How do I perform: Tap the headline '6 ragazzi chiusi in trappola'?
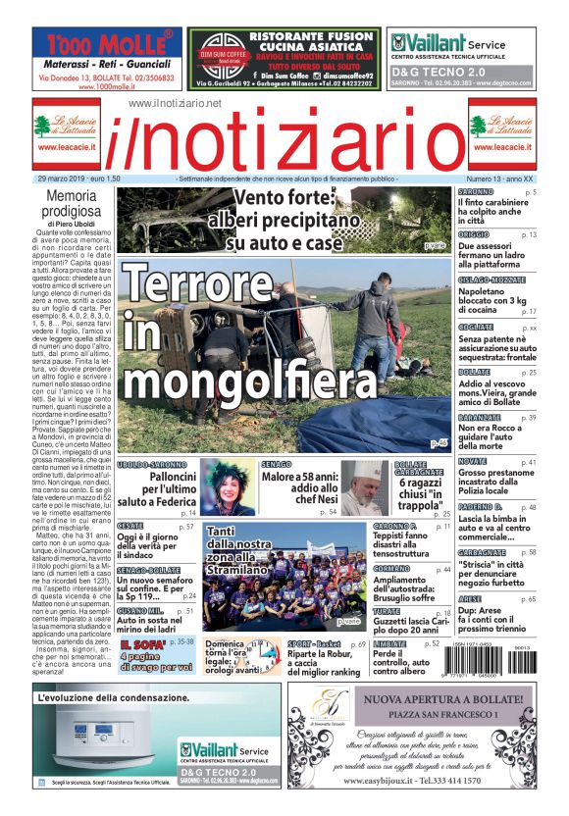(x=421, y=492)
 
